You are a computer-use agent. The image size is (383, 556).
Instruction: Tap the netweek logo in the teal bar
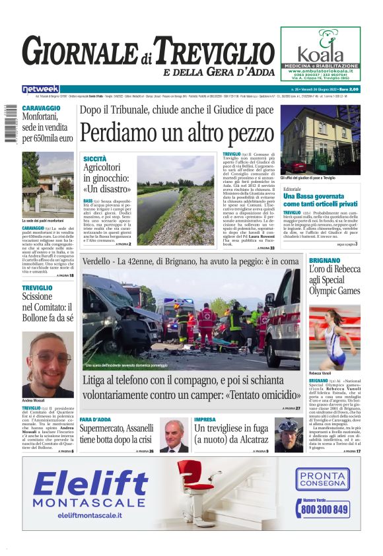(40, 89)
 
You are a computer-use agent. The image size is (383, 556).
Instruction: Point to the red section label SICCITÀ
(95, 159)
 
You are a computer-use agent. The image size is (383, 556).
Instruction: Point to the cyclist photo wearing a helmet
(289, 434)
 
